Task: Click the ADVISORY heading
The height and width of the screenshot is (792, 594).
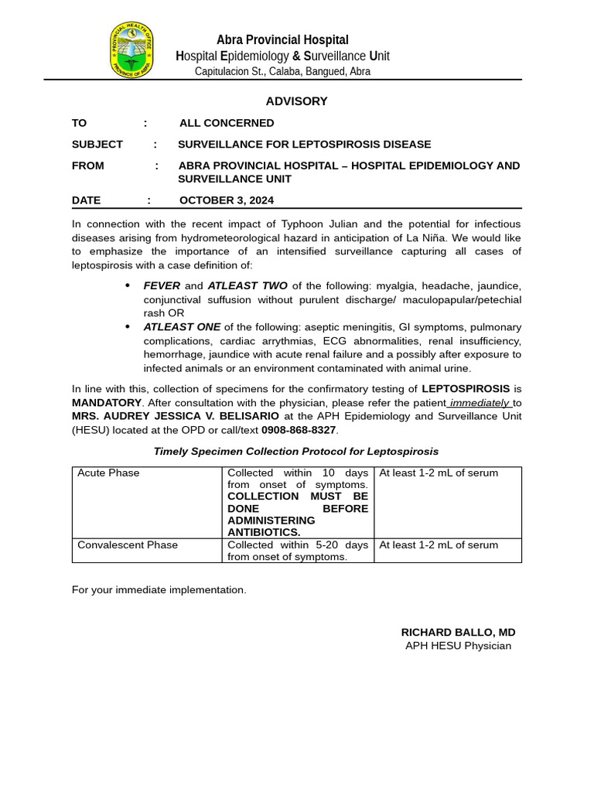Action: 296,101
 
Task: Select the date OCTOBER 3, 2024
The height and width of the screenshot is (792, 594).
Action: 227,200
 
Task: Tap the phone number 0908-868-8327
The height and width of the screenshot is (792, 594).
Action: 299,429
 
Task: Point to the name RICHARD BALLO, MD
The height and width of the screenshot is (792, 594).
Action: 458,632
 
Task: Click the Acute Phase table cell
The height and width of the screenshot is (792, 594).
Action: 108,473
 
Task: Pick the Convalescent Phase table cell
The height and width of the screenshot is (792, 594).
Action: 128,545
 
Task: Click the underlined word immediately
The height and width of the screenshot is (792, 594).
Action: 480,403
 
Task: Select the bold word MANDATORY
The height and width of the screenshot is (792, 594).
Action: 107,403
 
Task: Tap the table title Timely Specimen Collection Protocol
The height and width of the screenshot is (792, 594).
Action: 296,451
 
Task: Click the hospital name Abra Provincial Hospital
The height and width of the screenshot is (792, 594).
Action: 282,39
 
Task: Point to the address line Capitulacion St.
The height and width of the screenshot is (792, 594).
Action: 282,71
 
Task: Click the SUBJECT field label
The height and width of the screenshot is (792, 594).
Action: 97,145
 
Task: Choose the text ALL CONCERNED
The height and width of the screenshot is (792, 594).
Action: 227,123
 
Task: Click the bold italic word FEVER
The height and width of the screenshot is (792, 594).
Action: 162,286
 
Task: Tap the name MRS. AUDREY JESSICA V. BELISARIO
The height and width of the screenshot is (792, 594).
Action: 176,416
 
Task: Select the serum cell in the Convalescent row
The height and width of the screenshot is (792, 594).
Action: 439,545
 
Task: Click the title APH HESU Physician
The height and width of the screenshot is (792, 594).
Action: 458,646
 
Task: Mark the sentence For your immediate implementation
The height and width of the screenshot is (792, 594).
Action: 159,590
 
